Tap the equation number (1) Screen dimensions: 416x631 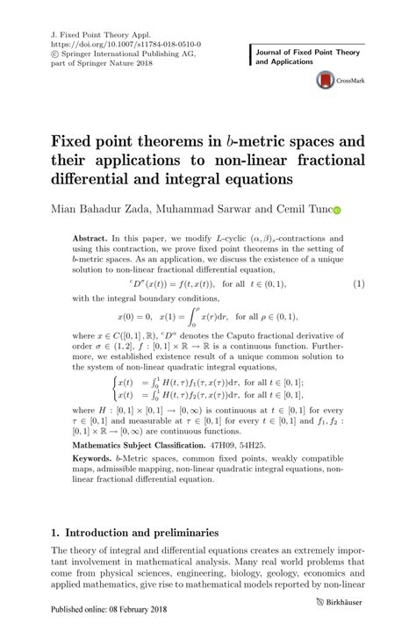pyautogui.click(x=358, y=285)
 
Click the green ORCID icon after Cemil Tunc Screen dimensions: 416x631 pyautogui.click(x=337, y=211)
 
